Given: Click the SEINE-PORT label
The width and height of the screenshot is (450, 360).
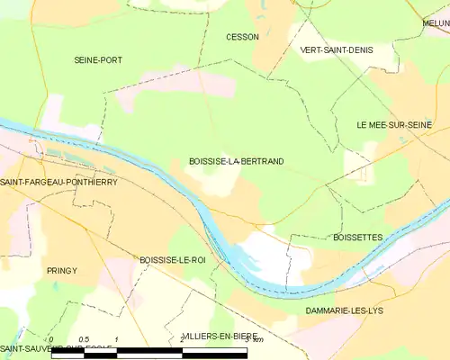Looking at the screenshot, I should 98,59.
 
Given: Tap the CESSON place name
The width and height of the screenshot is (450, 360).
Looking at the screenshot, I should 243,37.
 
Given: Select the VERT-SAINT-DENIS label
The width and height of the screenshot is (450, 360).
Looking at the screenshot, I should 336,50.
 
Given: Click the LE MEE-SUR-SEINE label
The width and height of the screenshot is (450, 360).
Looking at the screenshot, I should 393,123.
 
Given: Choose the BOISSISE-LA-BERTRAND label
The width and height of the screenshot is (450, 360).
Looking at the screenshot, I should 237,161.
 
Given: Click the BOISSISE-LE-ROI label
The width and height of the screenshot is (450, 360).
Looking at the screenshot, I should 172,259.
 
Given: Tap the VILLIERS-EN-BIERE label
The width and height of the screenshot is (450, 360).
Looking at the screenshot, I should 219,336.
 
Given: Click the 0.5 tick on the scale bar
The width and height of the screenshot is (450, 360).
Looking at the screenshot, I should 83,338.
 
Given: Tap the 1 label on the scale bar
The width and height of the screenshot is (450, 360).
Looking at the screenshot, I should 117,338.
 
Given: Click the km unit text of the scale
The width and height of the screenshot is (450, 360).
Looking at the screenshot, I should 257,339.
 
